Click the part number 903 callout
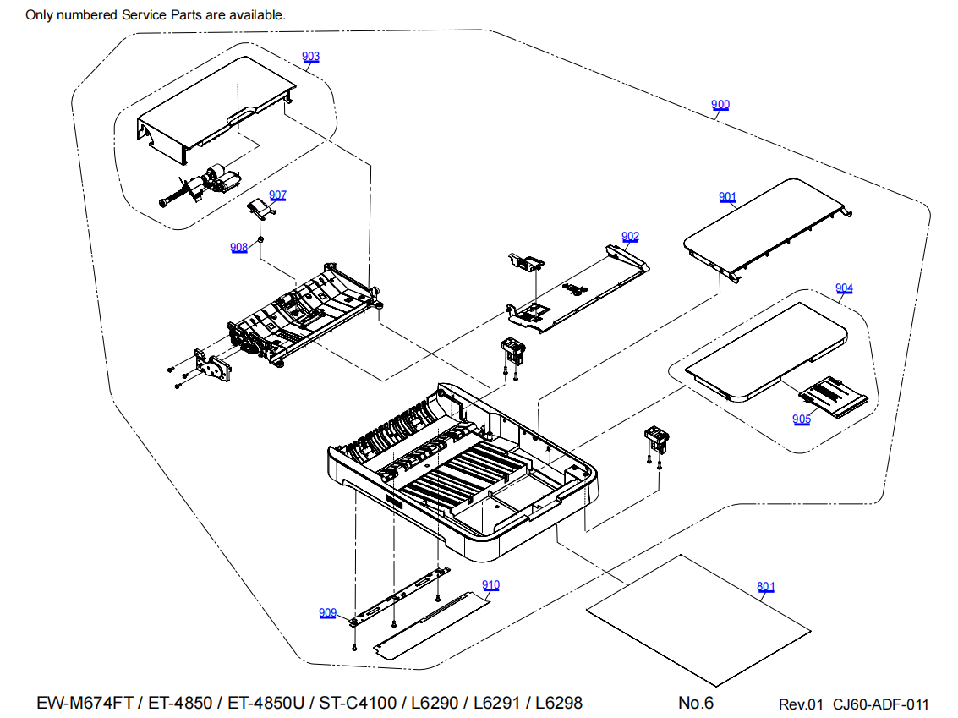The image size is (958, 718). tap(311, 57)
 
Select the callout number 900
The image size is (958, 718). tap(720, 105)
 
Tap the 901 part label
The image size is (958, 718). tap(727, 197)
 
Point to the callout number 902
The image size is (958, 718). tap(630, 237)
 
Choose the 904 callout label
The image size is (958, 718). tap(844, 288)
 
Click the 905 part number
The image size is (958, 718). tap(802, 419)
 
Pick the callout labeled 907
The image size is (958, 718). tap(277, 195)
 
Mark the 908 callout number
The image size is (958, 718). tap(238, 247)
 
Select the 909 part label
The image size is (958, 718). tap(328, 613)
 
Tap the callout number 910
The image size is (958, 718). tap(490, 585)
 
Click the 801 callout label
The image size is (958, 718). tap(765, 586)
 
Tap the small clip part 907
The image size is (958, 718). tap(259, 208)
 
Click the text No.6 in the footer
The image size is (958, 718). tap(696, 703)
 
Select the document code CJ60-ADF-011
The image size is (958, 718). tap(880, 704)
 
